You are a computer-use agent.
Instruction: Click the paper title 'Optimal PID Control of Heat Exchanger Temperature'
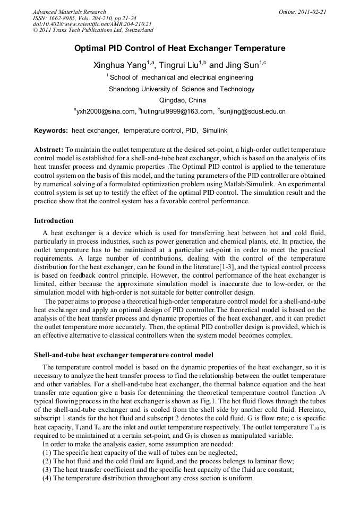[x=179, y=48]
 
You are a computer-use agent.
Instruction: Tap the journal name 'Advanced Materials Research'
[x=69, y=11]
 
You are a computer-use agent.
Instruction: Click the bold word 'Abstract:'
[x=49, y=150]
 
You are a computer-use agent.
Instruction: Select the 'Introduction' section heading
[x=54, y=220]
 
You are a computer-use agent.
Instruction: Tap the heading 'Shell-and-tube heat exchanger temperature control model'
[x=123, y=355]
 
